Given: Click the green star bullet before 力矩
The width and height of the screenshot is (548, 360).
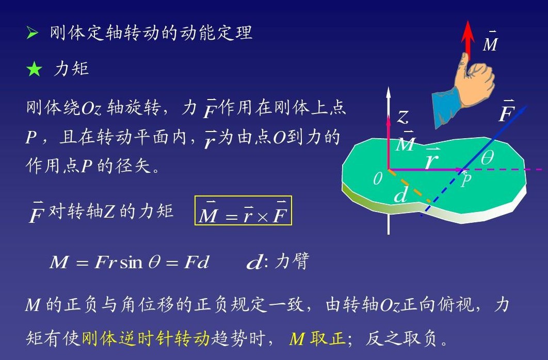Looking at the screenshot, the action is (34, 69).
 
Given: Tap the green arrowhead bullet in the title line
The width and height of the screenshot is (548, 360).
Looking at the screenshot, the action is (32, 33).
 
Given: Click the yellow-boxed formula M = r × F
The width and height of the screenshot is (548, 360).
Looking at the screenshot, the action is (243, 210).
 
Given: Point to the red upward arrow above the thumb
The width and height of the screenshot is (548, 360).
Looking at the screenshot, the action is (468, 40).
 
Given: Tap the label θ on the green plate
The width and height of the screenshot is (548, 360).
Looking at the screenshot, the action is (487, 157).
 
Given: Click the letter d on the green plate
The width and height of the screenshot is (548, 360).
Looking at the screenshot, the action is (401, 194).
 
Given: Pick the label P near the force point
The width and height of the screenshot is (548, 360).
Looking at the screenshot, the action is (466, 180).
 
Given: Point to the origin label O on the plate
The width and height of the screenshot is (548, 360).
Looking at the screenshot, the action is (377, 179).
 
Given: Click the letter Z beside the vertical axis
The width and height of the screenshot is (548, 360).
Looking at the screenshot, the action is (403, 117).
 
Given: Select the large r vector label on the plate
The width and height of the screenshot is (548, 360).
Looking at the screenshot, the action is (432, 159).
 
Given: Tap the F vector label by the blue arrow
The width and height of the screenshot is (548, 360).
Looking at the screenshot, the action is (506, 111).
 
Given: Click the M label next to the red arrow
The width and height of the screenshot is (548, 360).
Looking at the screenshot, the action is (490, 42).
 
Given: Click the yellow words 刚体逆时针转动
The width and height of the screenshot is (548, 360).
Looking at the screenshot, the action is (146, 338).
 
